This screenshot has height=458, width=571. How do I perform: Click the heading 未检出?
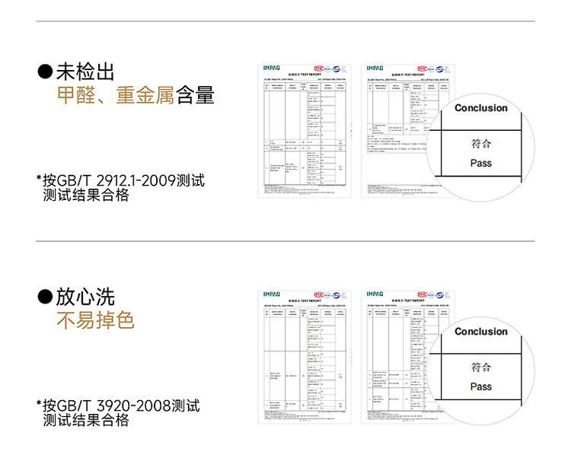click(85, 73)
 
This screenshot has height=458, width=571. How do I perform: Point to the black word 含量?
click(195, 96)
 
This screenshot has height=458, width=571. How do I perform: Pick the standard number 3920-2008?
click(134, 406)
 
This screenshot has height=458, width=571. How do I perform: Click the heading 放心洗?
click(85, 297)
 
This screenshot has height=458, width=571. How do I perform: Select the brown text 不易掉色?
click(96, 320)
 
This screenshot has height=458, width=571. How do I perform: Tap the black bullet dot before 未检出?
click(46, 73)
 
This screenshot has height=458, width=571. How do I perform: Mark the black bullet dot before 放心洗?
click(46, 297)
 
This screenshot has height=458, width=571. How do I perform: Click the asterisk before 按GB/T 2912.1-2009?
click(39, 180)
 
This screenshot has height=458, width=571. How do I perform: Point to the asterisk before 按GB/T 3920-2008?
click(39, 405)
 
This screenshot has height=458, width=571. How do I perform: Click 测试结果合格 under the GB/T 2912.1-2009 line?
click(86, 196)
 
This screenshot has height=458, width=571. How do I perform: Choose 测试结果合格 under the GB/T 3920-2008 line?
click(86, 420)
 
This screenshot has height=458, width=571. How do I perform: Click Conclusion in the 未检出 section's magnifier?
click(481, 108)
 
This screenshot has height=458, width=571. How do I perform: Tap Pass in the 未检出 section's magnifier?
click(480, 163)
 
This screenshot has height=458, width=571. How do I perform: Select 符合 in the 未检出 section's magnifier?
click(480, 144)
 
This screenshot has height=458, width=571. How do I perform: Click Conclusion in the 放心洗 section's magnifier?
click(481, 332)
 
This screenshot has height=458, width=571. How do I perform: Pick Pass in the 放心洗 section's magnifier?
click(480, 386)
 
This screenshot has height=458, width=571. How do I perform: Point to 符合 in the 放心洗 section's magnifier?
click(480, 367)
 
